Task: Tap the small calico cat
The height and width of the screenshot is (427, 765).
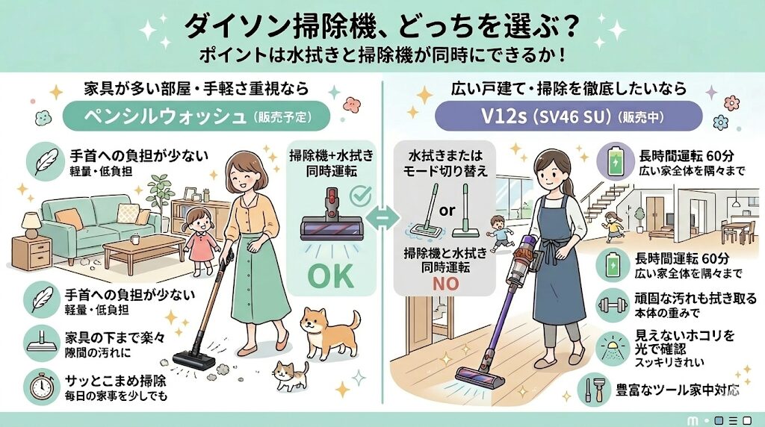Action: pos(291,375)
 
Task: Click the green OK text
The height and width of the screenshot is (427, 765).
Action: pos(330,275)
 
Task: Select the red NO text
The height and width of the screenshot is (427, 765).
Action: pos(445,284)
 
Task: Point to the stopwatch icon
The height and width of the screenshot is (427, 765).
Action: pos(42,386)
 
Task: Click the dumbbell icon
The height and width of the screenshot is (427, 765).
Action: pos(613,305)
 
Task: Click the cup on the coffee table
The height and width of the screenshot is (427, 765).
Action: pos(135,239)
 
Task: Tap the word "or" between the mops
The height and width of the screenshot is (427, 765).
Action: pos(447,211)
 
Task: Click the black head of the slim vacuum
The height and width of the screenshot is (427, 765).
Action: pos(193,360)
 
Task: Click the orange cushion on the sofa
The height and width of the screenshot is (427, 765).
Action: pos(69,219)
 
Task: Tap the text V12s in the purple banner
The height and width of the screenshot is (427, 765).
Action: pos(503,116)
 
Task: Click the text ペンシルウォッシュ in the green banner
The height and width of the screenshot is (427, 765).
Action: pos(164,117)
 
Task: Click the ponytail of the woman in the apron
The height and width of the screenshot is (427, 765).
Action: pos(569,186)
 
